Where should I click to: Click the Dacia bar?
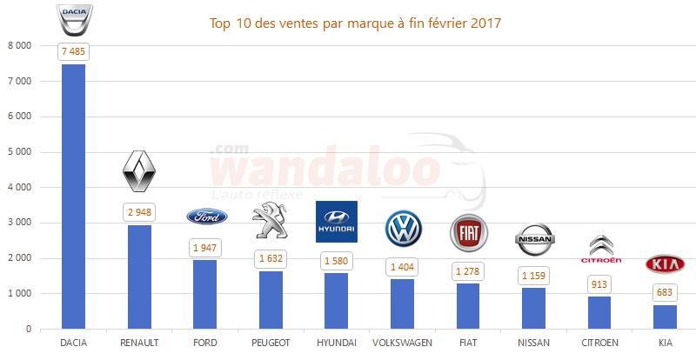(x=73, y=197)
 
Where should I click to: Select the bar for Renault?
(x=139, y=277)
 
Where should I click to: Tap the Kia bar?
(x=665, y=317)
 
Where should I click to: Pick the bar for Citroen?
(x=599, y=313)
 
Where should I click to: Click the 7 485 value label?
(x=74, y=51)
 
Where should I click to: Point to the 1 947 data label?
(x=205, y=248)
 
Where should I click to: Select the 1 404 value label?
(x=403, y=267)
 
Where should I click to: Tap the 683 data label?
(x=665, y=293)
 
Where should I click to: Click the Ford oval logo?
(x=205, y=217)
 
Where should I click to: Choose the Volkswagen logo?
(x=403, y=229)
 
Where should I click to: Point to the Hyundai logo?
(x=336, y=222)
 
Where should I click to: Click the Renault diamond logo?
(x=139, y=171)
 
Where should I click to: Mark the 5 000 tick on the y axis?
(x=19, y=152)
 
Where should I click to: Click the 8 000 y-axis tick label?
(x=19, y=45)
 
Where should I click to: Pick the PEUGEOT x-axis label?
(x=271, y=343)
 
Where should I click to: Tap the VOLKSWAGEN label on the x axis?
(x=402, y=343)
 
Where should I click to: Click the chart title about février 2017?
(x=356, y=23)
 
